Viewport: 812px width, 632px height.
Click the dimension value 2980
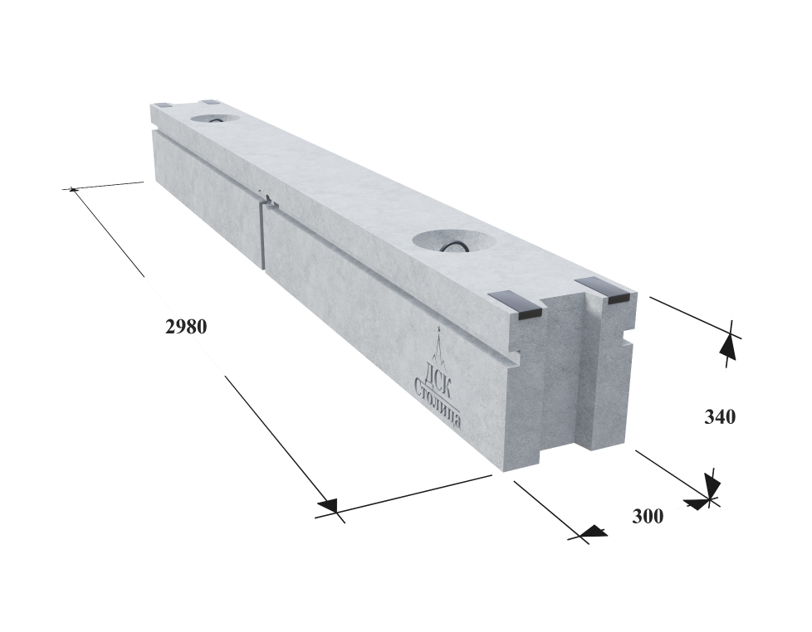(187, 327)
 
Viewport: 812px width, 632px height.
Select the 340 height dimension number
(720, 416)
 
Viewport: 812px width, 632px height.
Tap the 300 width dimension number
(648, 516)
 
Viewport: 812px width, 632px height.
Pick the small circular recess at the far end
(215, 119)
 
